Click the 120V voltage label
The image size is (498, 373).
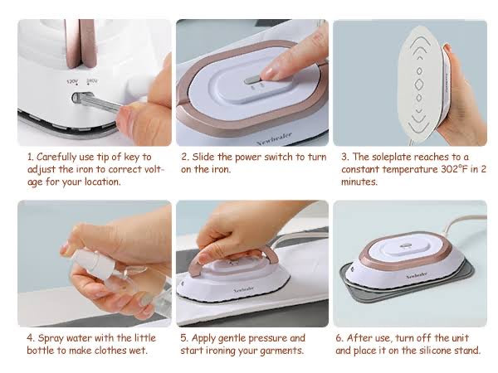(72, 82)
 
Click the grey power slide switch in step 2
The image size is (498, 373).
(251, 80)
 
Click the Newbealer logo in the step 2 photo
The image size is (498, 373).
(274, 138)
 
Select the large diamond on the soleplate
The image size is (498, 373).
(419, 85)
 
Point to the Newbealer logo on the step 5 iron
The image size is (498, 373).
(243, 289)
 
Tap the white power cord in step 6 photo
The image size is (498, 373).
(461, 225)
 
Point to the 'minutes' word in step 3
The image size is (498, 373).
(359, 182)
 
